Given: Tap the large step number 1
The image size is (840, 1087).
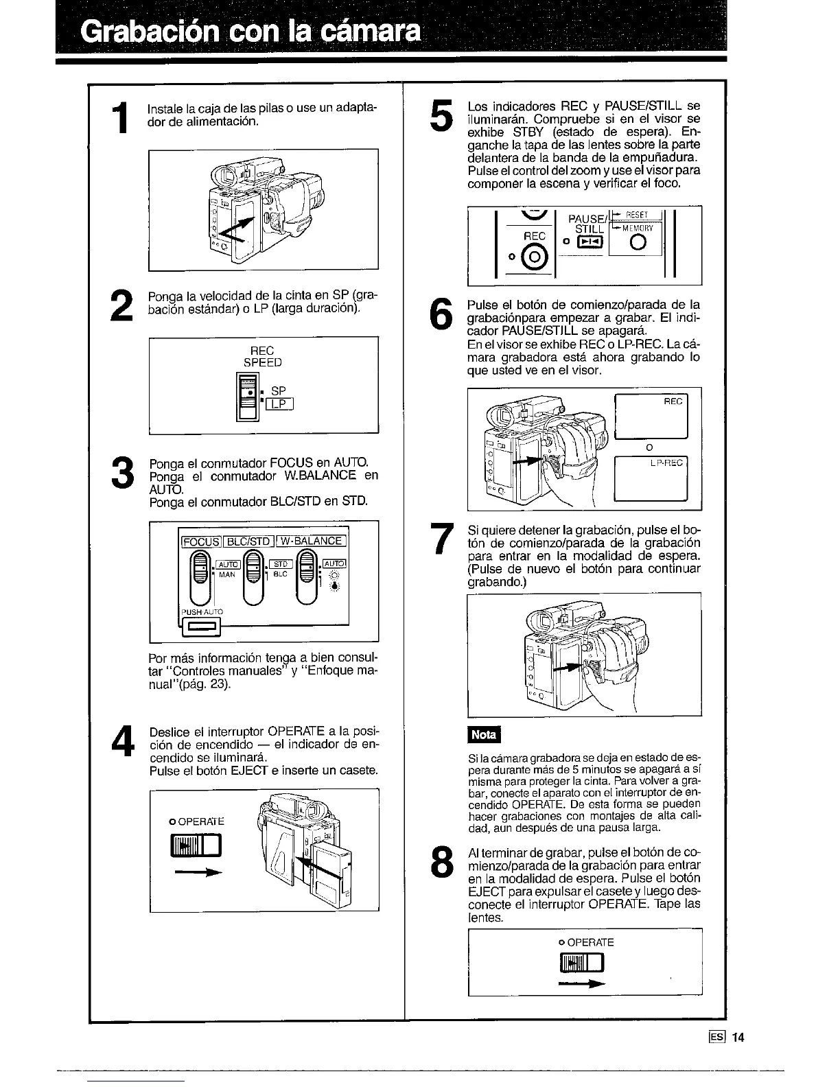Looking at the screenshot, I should [120, 118].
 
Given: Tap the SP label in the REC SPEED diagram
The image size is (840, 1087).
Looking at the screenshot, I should [278, 391].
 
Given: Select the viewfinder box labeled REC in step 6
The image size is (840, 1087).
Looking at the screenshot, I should [651, 416].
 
